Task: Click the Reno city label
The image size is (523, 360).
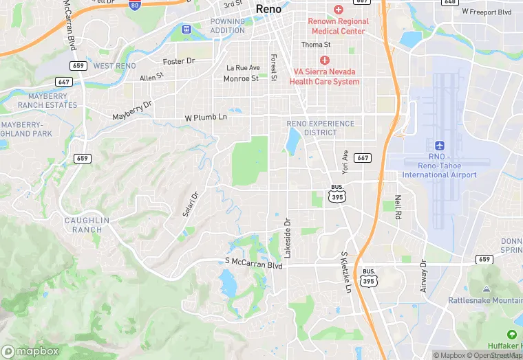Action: coord(268,9)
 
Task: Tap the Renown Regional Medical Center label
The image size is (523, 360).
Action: coord(339,26)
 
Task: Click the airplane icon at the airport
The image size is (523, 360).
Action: coord(439,146)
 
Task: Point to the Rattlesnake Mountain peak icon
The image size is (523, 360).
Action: coord(487,289)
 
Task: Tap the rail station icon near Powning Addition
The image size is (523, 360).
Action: coord(185,30)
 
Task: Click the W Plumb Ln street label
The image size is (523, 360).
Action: coord(206,117)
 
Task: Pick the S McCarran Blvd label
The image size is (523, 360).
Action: coord(254,263)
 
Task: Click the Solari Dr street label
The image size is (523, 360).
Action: coord(190,204)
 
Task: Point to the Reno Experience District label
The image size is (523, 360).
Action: coord(321,128)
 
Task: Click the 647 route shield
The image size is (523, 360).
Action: coord(65,82)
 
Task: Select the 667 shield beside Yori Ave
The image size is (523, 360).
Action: coord(363,158)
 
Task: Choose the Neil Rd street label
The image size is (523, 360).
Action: coord(398,206)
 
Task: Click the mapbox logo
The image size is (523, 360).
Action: coord(31,351)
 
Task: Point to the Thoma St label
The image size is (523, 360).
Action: coord(316,45)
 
